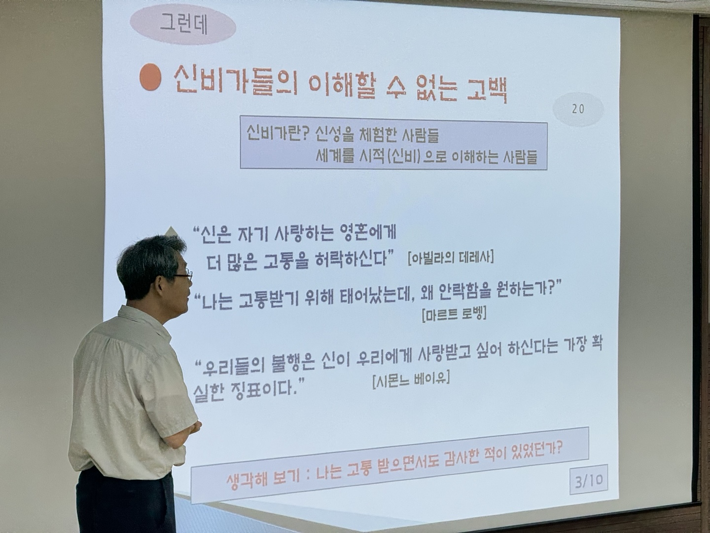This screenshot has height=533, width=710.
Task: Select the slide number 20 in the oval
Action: point(578,109)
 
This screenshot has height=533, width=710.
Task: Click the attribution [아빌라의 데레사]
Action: point(451,258)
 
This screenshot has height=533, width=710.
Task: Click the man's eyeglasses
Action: point(183,276)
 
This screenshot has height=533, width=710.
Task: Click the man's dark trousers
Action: point(126,501)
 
